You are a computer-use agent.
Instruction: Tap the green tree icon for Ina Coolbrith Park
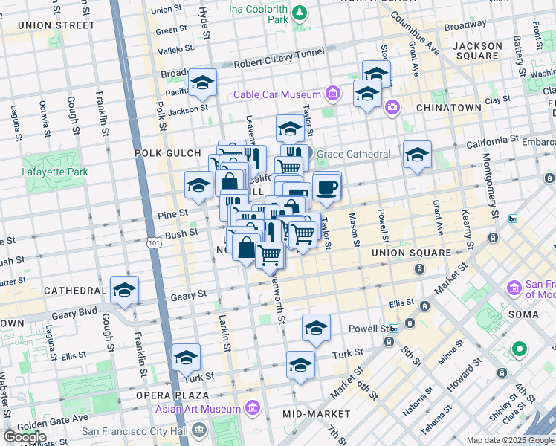(299, 13)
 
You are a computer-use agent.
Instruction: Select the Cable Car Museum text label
(277, 94)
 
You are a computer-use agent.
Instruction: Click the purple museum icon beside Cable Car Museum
(333, 94)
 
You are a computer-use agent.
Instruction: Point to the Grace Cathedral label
(353, 154)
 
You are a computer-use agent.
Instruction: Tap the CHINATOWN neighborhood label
(448, 108)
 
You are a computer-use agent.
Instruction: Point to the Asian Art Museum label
(198, 409)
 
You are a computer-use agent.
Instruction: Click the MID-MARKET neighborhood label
(317, 413)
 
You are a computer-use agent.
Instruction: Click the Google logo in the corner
(25, 437)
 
